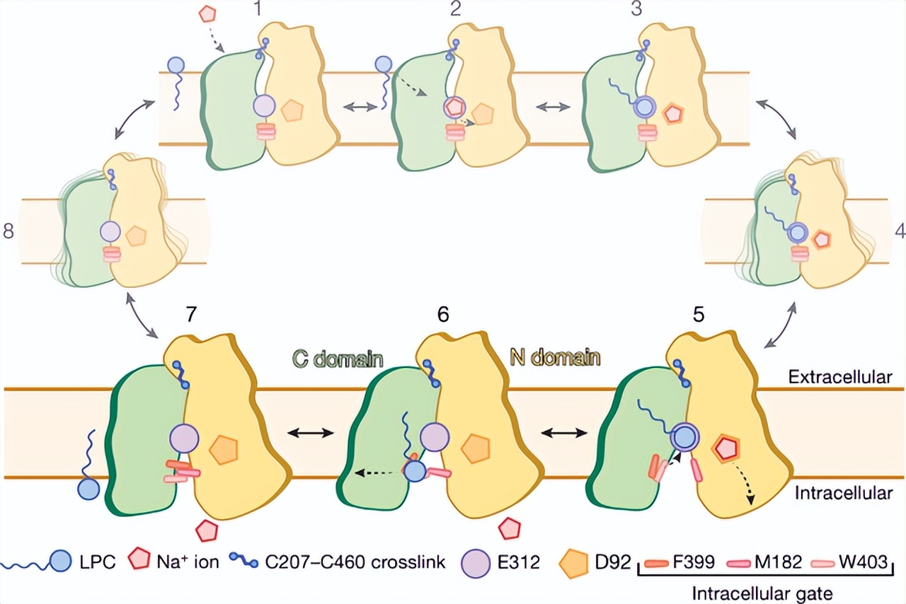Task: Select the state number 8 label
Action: coord(8,232)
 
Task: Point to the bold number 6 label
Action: coord(443,314)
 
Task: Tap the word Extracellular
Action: coord(839,377)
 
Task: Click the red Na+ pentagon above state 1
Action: coord(207,13)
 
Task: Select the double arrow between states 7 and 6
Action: coord(308,433)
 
